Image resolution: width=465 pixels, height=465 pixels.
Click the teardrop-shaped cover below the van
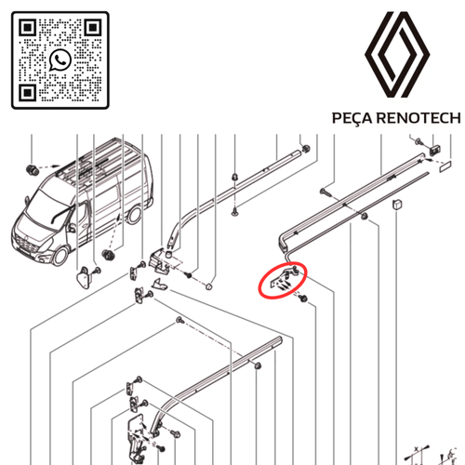pos(85,275)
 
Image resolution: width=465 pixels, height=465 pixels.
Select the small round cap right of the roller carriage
pos(211,285)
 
